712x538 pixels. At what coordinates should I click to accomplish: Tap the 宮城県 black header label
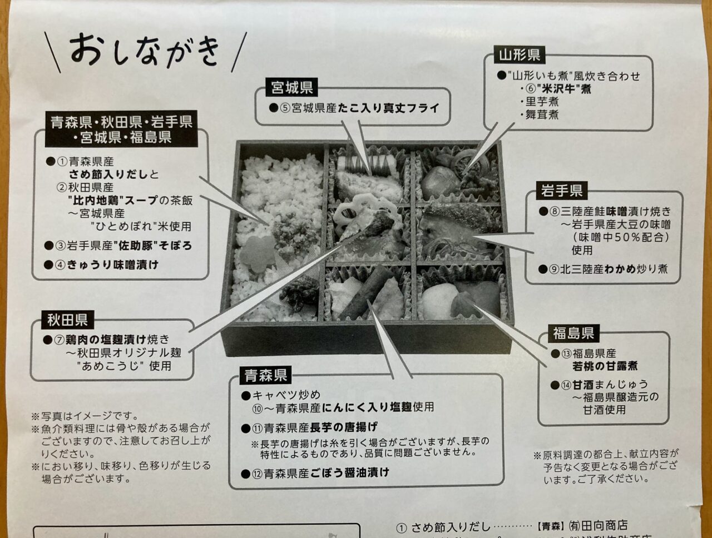[x=291, y=87]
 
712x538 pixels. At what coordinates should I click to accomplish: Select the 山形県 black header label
[x=518, y=54]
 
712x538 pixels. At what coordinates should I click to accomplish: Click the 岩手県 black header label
[x=561, y=191]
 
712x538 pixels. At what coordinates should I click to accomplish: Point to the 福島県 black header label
[x=573, y=333]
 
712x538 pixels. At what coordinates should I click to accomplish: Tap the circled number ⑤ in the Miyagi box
[x=285, y=108]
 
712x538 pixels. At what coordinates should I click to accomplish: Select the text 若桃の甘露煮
[x=605, y=366]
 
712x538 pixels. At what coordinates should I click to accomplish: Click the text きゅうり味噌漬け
[x=113, y=265]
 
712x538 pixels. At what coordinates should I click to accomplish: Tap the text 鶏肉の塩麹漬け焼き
[x=118, y=339]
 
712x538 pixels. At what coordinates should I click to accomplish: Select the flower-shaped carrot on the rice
[x=257, y=255]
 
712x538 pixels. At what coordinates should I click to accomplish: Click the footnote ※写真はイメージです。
[x=85, y=416]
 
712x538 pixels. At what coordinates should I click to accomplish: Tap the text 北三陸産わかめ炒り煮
[x=609, y=269]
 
